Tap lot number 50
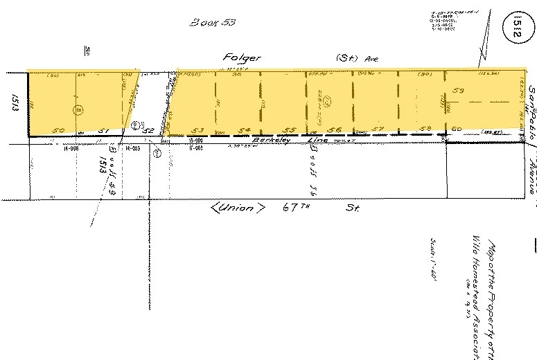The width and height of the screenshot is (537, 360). (59, 129)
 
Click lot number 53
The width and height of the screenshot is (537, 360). (199, 130)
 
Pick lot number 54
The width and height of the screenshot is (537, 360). (243, 130)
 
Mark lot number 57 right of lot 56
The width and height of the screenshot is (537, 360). (377, 129)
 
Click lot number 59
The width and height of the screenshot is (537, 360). (457, 90)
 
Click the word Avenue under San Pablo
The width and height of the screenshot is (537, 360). (532, 173)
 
